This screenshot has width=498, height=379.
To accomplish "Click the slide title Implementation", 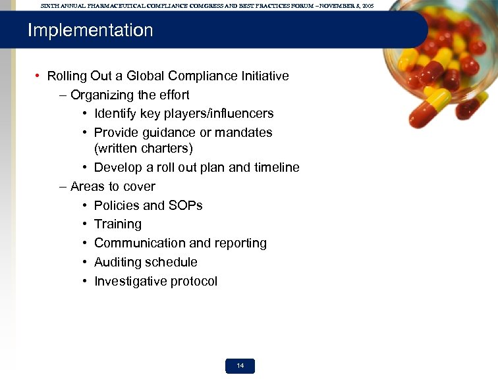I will (x=90, y=30).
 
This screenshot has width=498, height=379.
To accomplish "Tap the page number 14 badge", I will (x=240, y=366).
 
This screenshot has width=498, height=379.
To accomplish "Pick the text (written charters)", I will (x=144, y=149).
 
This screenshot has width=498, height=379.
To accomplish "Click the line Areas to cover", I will (x=113, y=186).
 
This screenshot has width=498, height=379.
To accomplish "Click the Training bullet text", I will (x=118, y=224).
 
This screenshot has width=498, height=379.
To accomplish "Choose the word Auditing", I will (x=119, y=263).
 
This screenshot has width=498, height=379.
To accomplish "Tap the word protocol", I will (x=194, y=282).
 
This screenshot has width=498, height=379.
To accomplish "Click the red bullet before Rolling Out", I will (x=39, y=76).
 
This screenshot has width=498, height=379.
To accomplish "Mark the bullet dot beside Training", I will (x=86, y=224).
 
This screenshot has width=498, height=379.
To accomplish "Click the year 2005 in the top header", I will (x=367, y=5).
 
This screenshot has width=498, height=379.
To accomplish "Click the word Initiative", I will (x=264, y=76).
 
